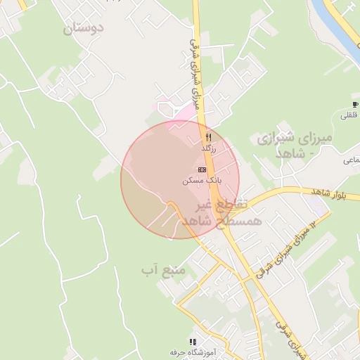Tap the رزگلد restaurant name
(x=209, y=149)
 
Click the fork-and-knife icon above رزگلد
(x=208, y=137)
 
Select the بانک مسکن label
(x=202, y=181)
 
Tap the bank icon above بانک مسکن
(x=202, y=169)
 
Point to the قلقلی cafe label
(x=349, y=115)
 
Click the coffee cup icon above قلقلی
(x=354, y=105)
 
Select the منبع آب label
(x=162, y=269)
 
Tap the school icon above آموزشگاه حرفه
(x=193, y=341)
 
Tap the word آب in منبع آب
(x=148, y=269)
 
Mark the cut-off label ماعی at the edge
(x=352, y=160)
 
